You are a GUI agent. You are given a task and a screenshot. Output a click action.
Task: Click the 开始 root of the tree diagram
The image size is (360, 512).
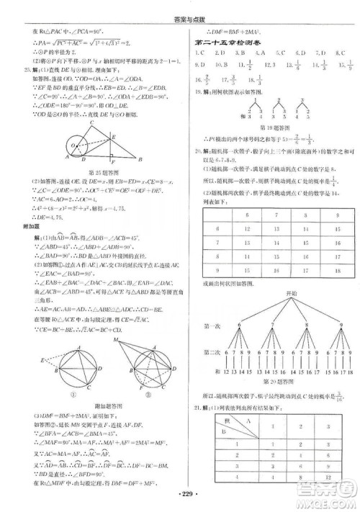pos(274,294)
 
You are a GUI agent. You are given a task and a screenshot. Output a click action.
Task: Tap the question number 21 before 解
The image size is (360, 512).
pos(189,408)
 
